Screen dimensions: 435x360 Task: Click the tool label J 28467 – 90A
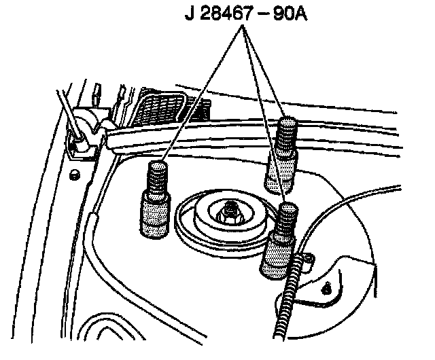point(245,13)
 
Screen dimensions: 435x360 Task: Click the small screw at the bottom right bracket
point(329,287)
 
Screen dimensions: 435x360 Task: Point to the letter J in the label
point(190,13)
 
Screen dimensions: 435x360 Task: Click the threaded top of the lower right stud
point(285,219)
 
